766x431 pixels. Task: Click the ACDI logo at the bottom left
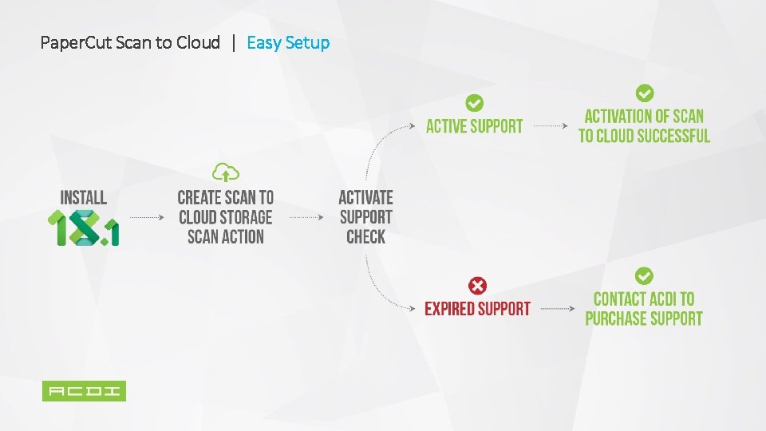click(84, 391)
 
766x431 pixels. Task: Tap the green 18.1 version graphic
click(83, 227)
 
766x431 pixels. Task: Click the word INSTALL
click(83, 197)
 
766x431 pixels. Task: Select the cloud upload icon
click(226, 172)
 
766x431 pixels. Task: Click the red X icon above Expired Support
click(477, 286)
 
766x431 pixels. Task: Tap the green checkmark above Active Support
click(474, 103)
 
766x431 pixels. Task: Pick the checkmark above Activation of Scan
click(644, 93)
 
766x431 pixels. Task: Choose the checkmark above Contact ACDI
click(644, 276)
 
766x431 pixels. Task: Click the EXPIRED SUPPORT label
click(477, 309)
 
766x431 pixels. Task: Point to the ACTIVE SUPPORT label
click(474, 126)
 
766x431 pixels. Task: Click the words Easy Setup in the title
click(288, 42)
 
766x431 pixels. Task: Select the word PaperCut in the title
click(76, 42)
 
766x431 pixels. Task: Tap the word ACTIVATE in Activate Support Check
click(365, 197)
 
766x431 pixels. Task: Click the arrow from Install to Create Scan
click(147, 217)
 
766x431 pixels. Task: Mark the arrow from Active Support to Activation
click(551, 126)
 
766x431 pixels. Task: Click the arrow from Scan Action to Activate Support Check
click(305, 217)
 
